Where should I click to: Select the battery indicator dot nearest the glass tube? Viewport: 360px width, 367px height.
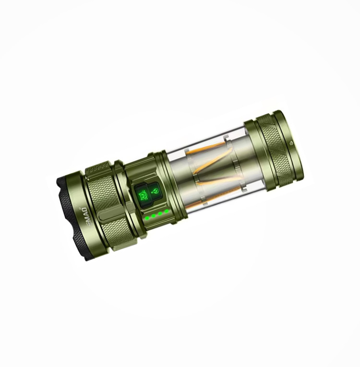point(167,211)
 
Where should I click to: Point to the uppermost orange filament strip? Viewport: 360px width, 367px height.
point(207,146)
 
